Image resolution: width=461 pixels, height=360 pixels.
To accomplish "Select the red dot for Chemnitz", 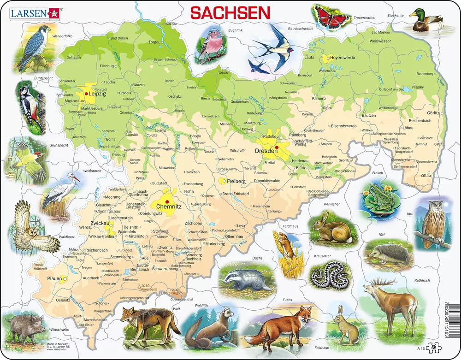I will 167,201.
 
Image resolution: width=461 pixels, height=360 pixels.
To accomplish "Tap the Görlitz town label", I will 433,112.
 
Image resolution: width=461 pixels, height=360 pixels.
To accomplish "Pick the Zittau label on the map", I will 426,176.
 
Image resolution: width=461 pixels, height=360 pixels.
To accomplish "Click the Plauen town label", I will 54,279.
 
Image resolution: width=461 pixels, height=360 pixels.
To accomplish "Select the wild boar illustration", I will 24,326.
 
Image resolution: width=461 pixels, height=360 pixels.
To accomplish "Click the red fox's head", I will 303,316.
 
